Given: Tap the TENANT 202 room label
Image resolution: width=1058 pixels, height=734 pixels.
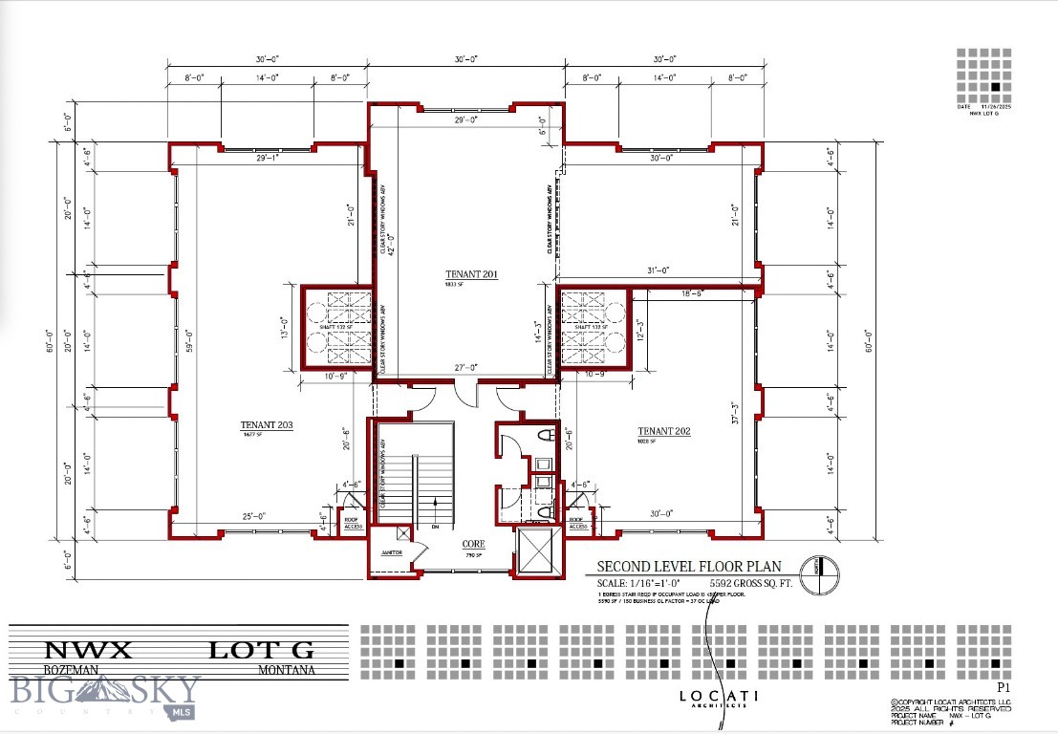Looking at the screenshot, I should [x=664, y=432].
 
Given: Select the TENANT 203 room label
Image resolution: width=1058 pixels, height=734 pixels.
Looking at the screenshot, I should [x=266, y=425].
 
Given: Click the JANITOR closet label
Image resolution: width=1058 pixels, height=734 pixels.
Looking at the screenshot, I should [x=392, y=553].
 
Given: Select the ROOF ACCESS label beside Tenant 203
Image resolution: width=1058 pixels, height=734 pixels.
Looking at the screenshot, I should [x=354, y=523].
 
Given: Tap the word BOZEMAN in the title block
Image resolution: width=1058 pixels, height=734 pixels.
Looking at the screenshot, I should [x=72, y=670].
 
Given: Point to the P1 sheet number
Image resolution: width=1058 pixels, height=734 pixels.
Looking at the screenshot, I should [x=1004, y=687].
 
